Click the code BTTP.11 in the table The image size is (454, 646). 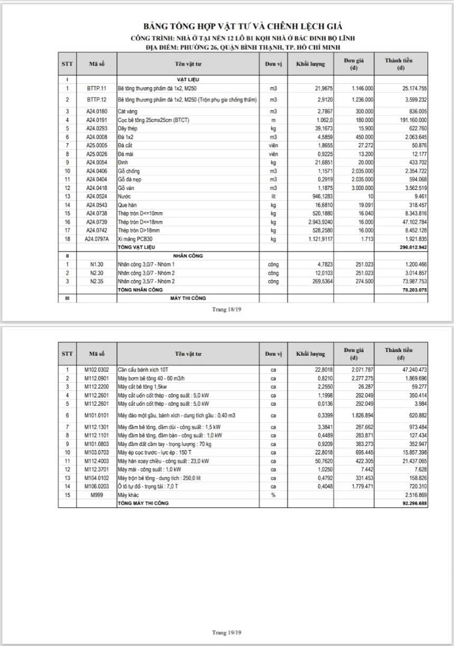(97, 88)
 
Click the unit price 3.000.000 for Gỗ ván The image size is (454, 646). (363, 188)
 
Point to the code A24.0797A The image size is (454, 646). (97, 239)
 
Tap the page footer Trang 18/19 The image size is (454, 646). (226, 309)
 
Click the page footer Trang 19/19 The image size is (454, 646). (226, 632)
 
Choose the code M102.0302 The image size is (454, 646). (97, 369)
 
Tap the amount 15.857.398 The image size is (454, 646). (407, 452)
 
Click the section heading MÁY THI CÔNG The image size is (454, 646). (188, 298)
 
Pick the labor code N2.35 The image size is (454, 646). (97, 282)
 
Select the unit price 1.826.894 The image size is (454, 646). (362, 415)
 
